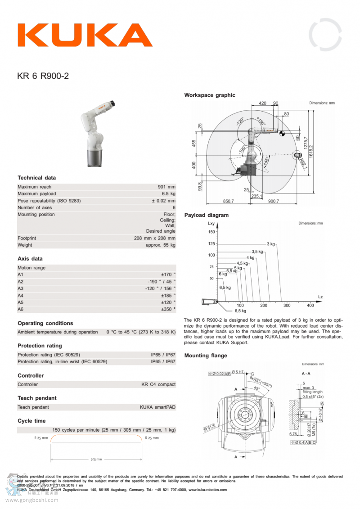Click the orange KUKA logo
85,35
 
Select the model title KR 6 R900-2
43,76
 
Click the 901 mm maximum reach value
166,187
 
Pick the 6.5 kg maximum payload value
167,194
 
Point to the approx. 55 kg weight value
161,245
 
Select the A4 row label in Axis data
20,295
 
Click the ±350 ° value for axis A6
168,309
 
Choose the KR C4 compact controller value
158,384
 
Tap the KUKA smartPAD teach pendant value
157,407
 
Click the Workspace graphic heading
209,95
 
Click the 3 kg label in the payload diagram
270,244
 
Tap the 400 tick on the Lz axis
310,306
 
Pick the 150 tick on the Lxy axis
211,232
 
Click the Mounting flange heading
206,356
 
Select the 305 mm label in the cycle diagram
96,459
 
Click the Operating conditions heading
45,323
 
